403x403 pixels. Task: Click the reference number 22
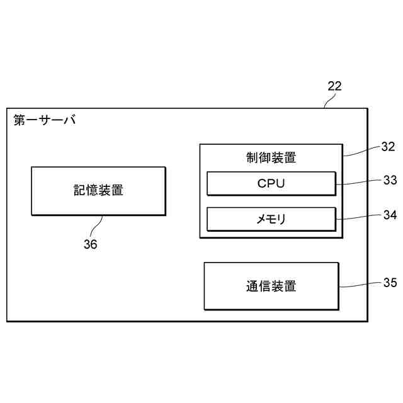[334, 86]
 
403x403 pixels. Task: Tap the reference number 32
[388, 147]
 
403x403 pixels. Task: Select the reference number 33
[390, 179]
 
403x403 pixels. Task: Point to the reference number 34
[390, 215]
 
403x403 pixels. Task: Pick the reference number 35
[390, 283]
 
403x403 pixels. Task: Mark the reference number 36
[91, 245]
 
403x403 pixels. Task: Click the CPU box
[271, 184]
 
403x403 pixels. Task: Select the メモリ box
[271, 219]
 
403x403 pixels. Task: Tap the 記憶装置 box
[98, 190]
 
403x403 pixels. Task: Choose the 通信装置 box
[271, 286]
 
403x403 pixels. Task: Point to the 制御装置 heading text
[271, 157]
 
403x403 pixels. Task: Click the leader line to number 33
[359, 183]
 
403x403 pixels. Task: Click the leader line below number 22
[327, 101]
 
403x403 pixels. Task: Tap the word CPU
[271, 184]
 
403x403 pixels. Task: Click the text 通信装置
[271, 286]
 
